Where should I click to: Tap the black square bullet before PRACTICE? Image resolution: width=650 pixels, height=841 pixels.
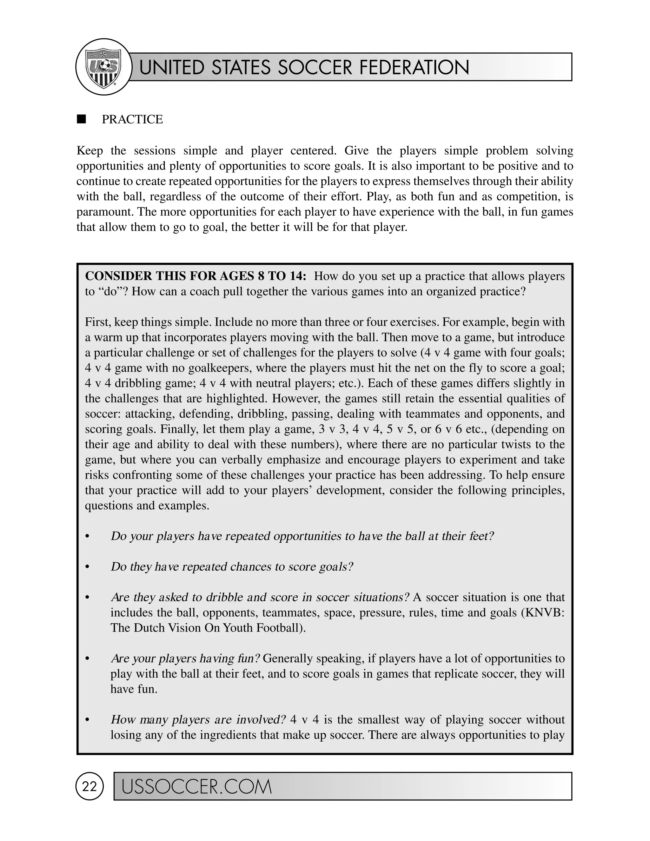pos(81,119)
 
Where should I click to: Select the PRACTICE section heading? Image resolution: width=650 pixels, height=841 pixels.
pos(132,119)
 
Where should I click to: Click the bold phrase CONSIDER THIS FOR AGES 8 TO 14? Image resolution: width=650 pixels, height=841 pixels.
pos(196,276)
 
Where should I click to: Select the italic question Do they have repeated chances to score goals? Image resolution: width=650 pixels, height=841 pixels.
pos(232,566)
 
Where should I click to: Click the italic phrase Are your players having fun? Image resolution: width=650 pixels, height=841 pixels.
pos(186,659)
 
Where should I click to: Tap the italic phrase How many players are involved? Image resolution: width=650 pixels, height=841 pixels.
pos(198,720)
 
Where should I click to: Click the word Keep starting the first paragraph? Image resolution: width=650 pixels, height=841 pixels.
pos(90,150)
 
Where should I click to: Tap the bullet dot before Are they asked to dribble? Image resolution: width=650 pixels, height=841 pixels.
pos(87,598)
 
